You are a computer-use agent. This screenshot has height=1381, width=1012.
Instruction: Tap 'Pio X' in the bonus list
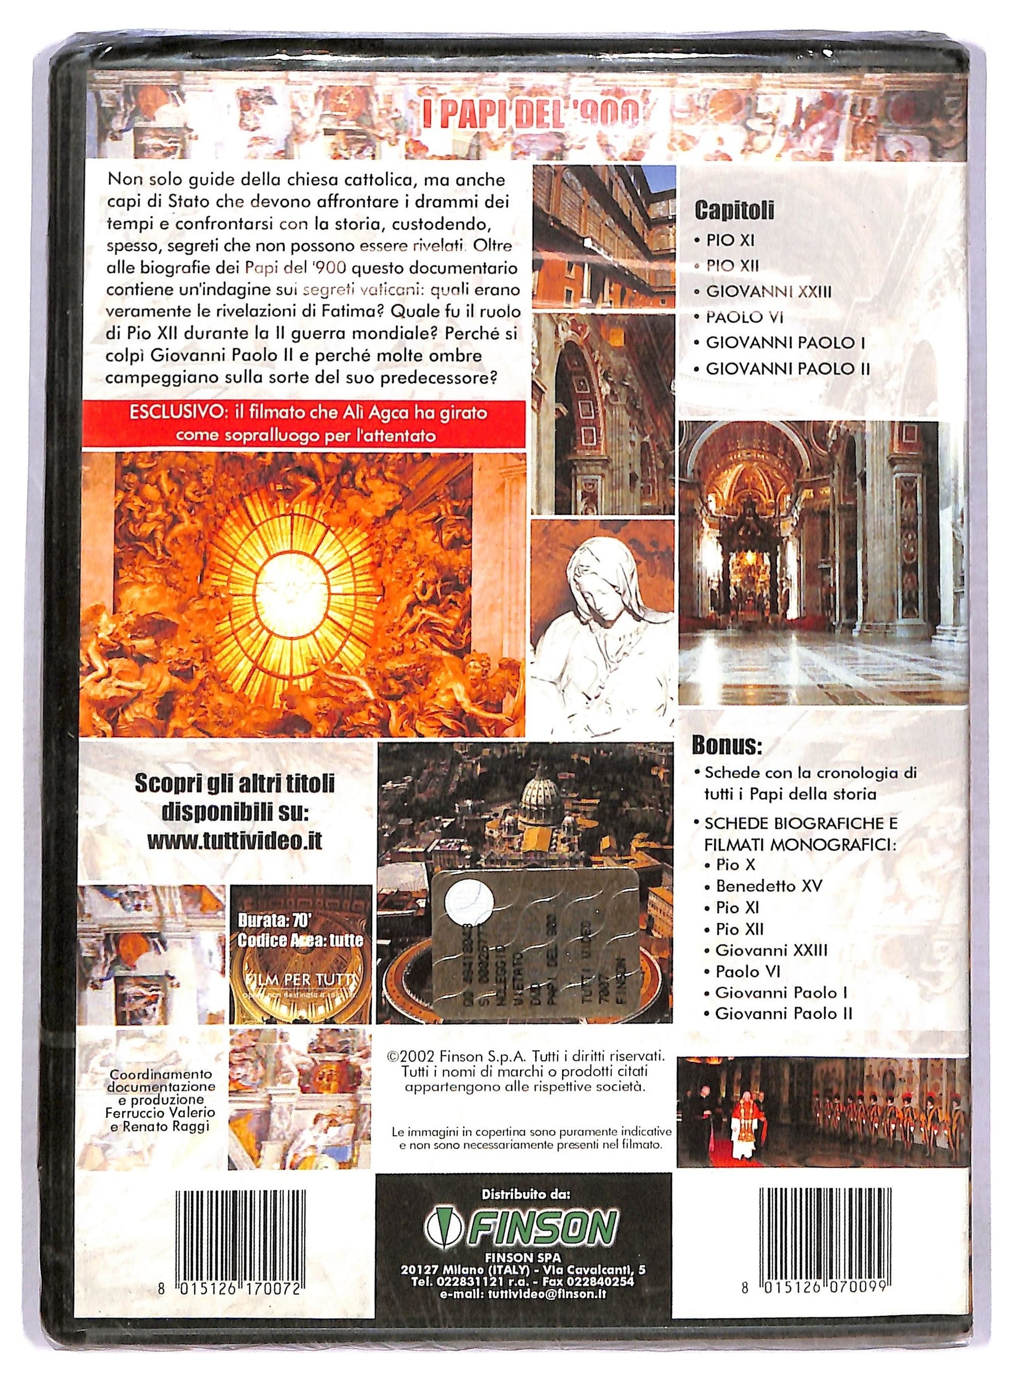pyautogui.click(x=736, y=865)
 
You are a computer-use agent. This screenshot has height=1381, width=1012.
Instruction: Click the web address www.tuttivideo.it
pyautogui.click(x=235, y=841)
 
